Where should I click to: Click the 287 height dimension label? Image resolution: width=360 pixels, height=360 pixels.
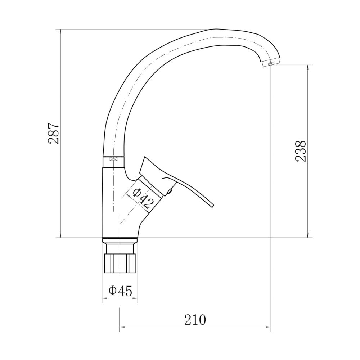54,134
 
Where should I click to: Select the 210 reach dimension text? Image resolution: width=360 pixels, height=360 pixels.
195,320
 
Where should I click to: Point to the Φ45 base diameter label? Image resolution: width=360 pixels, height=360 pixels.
121,291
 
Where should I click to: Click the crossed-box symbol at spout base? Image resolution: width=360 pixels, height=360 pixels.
113,159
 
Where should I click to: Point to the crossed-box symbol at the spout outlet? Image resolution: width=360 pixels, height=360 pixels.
271,63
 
